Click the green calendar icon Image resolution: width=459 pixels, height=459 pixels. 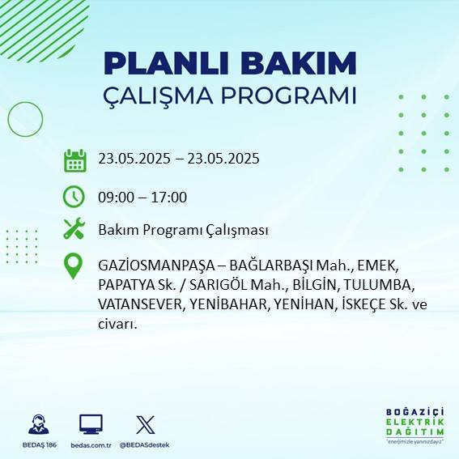(x=74, y=160)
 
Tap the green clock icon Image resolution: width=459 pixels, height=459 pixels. (x=74, y=197)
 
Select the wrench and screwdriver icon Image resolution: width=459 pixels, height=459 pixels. (x=74, y=230)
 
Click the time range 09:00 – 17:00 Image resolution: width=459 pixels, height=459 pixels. (x=142, y=197)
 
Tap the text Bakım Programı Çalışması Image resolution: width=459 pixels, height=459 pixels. (x=182, y=230)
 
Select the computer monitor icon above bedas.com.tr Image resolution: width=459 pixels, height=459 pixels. (x=91, y=425)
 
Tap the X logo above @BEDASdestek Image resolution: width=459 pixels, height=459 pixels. (x=145, y=425)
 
